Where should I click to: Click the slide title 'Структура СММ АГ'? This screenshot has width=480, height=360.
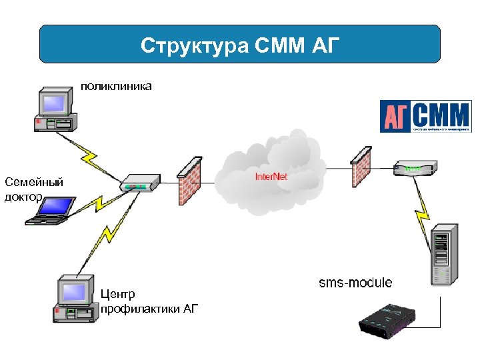pos(240,45)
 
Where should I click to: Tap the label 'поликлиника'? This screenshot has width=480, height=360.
pos(116,86)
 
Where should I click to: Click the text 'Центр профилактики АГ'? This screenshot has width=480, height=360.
pos(148,301)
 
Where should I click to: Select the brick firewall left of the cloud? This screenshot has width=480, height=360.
pos(189,181)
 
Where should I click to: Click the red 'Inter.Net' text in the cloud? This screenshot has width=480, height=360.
pos(271,177)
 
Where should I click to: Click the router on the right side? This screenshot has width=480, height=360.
pos(415,167)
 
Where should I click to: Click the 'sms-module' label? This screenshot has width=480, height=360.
pos(355,283)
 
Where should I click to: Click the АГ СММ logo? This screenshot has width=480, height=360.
pos(425,117)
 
